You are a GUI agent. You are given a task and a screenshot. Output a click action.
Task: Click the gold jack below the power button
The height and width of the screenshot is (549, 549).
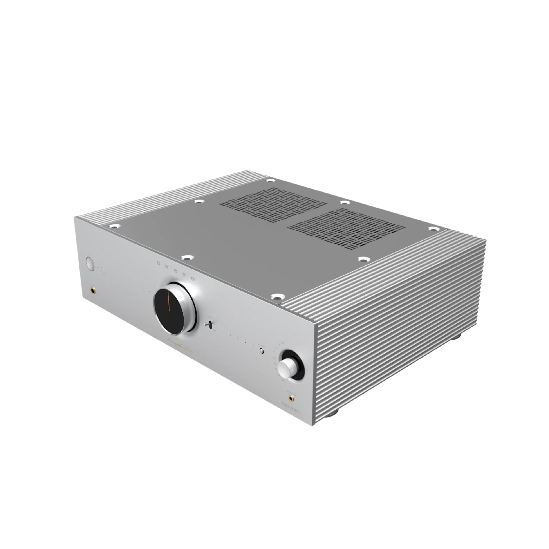93,290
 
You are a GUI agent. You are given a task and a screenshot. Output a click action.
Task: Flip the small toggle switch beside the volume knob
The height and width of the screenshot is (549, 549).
210,324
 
